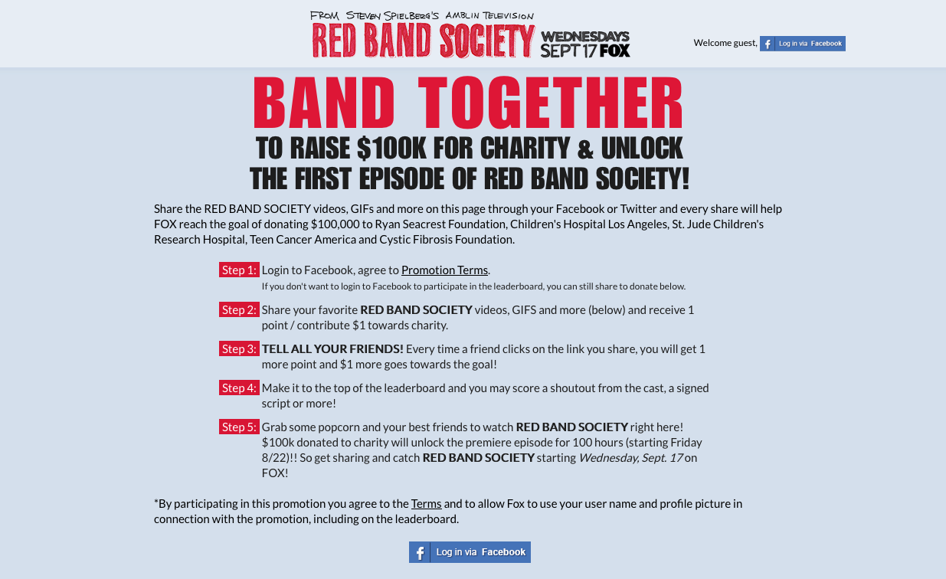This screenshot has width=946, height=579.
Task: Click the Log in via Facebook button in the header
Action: tap(803, 44)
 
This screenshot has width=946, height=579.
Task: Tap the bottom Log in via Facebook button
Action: tap(470, 552)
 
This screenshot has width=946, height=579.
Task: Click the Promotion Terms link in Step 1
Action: tap(444, 270)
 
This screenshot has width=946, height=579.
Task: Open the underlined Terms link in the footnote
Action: tap(426, 504)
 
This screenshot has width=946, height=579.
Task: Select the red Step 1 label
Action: tap(239, 270)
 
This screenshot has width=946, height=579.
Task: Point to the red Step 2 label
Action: tap(239, 309)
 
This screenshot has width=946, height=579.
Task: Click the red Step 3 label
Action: tap(239, 348)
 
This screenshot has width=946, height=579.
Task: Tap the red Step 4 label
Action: tap(239, 388)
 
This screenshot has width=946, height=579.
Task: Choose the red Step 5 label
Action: tap(239, 427)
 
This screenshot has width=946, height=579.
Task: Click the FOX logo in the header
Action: tap(615, 51)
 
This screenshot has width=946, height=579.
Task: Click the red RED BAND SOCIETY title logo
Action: tap(424, 40)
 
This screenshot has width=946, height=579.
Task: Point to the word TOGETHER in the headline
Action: tap(550, 103)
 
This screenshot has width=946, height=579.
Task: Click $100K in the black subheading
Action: tap(391, 149)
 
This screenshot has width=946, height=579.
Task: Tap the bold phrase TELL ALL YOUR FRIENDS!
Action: tap(332, 348)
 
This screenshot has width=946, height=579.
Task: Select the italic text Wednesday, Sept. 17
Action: tap(630, 458)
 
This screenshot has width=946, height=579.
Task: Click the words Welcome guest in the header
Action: tap(725, 43)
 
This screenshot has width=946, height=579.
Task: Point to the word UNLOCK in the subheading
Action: tap(642, 149)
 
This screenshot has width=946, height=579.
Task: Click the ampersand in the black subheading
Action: tap(585, 149)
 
